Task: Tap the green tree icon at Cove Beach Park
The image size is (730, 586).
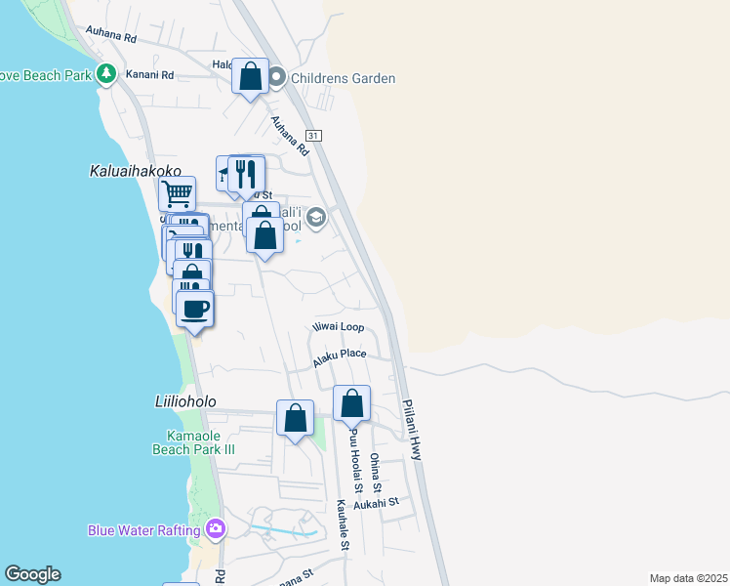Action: pyautogui.click(x=106, y=74)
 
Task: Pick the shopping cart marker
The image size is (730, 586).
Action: pyautogui.click(x=177, y=193)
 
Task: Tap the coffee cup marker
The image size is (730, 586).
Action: pyautogui.click(x=194, y=309)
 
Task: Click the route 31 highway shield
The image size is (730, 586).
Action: pyautogui.click(x=312, y=134)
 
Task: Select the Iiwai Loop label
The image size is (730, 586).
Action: pyautogui.click(x=338, y=327)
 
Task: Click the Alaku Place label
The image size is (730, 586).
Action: pyautogui.click(x=339, y=357)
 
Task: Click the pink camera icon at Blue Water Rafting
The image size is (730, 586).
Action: pyautogui.click(x=215, y=530)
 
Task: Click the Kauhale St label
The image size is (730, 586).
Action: pyautogui.click(x=343, y=526)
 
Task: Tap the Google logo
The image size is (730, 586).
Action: pyautogui.click(x=32, y=574)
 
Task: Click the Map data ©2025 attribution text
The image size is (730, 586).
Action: pyautogui.click(x=688, y=578)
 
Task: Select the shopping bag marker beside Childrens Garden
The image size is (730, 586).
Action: pyautogui.click(x=250, y=76)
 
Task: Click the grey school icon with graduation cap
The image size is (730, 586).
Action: pyautogui.click(x=315, y=217)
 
